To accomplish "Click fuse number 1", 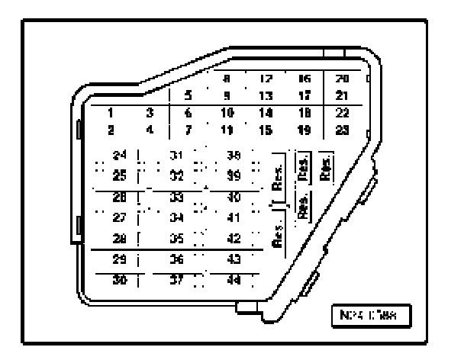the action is point(111,113).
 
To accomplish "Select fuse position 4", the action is point(150,130).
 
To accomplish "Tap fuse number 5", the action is point(188,96).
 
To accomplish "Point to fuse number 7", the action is point(188,130).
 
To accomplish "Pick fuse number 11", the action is point(226,130).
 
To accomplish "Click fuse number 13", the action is point(266,96).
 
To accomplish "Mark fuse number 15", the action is point(266,130).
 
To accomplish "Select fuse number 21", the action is point(343,96).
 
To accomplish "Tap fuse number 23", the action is point(343,130).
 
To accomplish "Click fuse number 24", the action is point(119,156).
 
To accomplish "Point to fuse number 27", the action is point(119,217).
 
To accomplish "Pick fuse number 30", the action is point(119,280).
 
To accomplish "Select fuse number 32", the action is point(177,176).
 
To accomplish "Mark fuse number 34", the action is point(177,217).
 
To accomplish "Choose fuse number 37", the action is point(177,280).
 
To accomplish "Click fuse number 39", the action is point(234,176).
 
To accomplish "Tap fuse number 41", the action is point(234,217).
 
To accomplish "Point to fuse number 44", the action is point(234,280).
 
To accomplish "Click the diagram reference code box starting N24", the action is point(374,314).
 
